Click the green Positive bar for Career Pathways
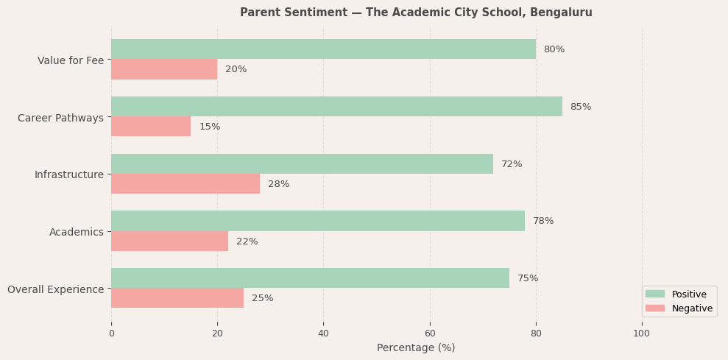point(336,107)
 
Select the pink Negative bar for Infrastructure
point(185,184)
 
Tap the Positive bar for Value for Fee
point(323,49)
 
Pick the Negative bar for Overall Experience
point(177,298)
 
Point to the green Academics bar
point(318,221)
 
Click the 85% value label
point(580,107)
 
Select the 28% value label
point(278,184)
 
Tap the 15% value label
point(210,127)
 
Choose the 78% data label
point(543,221)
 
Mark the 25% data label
point(262,298)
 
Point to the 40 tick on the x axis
point(323,333)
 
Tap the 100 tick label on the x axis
point(642,333)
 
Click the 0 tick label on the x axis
point(111,333)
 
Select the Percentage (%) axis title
point(416,347)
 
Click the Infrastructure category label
point(69,174)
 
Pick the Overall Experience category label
point(56,289)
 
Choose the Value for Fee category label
point(71,60)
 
